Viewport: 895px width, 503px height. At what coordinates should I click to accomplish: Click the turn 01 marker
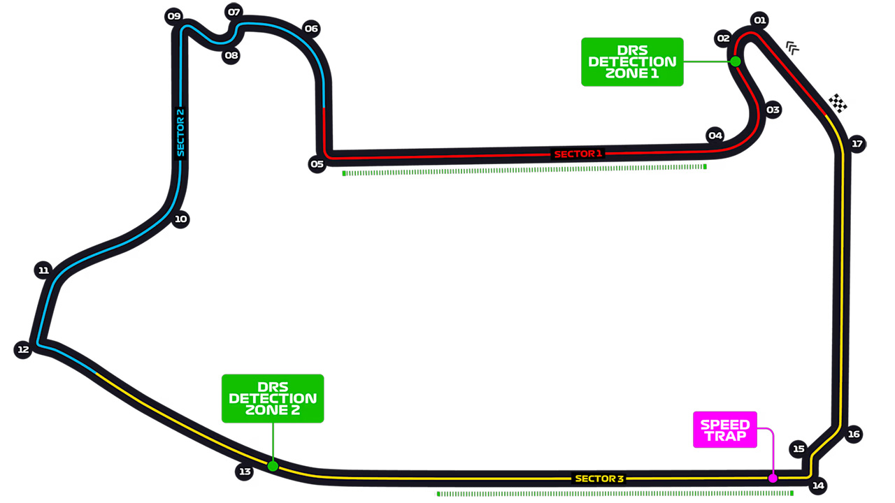click(759, 20)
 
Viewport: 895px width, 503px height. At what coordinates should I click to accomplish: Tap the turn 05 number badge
click(317, 164)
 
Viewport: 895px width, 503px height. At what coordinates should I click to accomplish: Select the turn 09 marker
click(174, 16)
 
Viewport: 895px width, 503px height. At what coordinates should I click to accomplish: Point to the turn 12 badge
click(23, 350)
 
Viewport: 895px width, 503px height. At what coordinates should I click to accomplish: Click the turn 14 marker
click(818, 486)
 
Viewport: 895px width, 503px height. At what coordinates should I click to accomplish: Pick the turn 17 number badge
click(857, 144)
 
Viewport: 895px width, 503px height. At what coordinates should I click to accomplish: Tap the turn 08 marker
click(231, 55)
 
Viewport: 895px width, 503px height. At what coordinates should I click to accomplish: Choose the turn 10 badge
click(180, 219)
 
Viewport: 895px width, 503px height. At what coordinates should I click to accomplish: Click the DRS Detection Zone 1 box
click(632, 62)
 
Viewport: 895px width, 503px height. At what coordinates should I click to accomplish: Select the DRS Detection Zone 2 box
click(273, 398)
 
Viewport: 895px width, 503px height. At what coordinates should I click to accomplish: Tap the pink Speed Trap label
click(725, 430)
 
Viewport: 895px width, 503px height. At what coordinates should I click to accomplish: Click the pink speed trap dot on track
click(773, 478)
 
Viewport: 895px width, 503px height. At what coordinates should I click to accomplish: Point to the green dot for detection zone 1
click(736, 61)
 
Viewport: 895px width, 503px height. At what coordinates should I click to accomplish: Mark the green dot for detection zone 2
click(273, 466)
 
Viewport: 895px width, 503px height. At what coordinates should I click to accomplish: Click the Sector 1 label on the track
click(578, 154)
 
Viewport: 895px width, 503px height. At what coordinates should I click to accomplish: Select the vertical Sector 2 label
click(180, 133)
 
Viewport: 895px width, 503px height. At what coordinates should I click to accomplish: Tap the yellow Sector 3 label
click(599, 479)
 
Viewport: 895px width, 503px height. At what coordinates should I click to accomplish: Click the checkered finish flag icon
click(838, 103)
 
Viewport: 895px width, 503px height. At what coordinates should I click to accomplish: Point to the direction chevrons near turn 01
click(792, 48)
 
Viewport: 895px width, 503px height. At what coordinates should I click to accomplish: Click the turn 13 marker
click(245, 472)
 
